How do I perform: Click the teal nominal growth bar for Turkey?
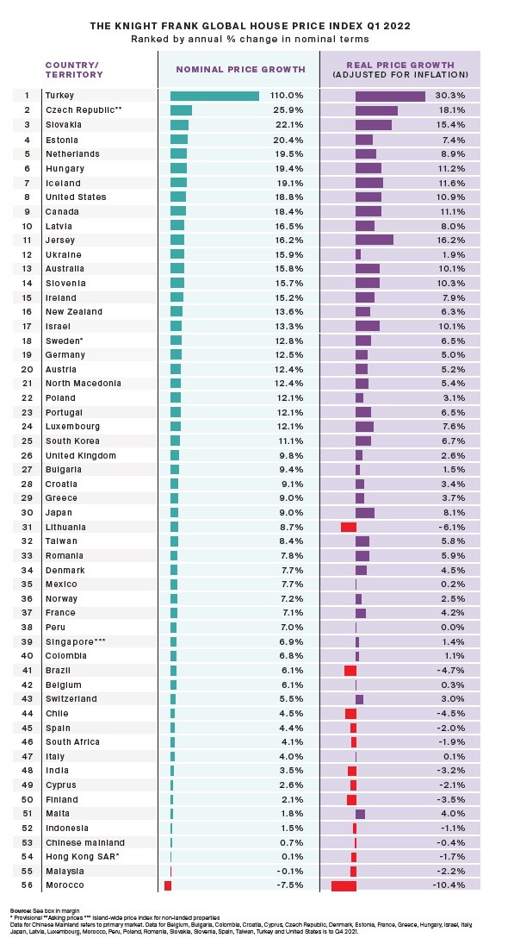214,96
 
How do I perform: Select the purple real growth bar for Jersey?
374,240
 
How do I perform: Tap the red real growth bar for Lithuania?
348,527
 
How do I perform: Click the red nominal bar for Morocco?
168,885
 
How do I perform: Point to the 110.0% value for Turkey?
287,96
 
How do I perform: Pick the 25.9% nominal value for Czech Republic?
289,110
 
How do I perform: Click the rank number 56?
27,885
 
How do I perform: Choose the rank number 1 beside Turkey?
27,96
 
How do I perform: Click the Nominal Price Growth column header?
240,67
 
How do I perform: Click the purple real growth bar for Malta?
360,814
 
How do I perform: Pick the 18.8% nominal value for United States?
289,197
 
